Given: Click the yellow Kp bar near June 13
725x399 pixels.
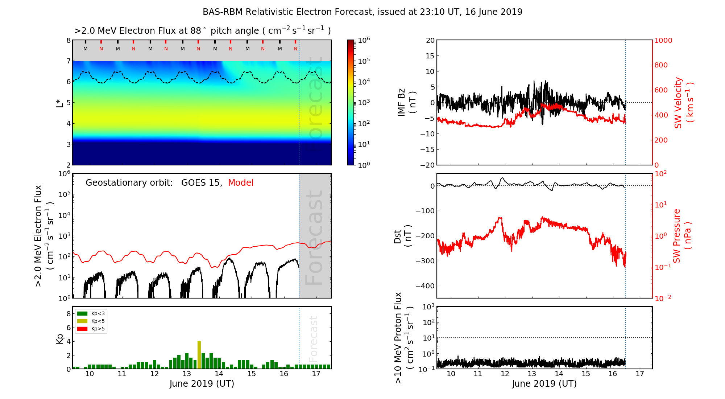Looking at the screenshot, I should (199, 355).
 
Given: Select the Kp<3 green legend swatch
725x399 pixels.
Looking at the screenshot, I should (82, 313).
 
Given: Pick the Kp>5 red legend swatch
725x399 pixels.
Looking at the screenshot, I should (82, 329).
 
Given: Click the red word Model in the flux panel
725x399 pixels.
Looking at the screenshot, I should (241, 183).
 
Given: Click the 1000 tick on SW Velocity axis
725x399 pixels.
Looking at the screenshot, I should (663, 40).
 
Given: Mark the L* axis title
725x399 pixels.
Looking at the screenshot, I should (59, 103).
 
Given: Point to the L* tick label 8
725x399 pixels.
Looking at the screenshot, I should (68, 40).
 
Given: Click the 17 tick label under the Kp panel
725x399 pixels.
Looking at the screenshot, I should (316, 374).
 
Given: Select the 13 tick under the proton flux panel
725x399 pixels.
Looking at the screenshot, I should (532, 374).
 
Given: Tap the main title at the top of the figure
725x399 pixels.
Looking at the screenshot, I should (362, 12).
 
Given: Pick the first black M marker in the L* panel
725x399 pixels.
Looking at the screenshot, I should (86, 49).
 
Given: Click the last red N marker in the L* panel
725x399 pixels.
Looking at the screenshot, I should (295, 49).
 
